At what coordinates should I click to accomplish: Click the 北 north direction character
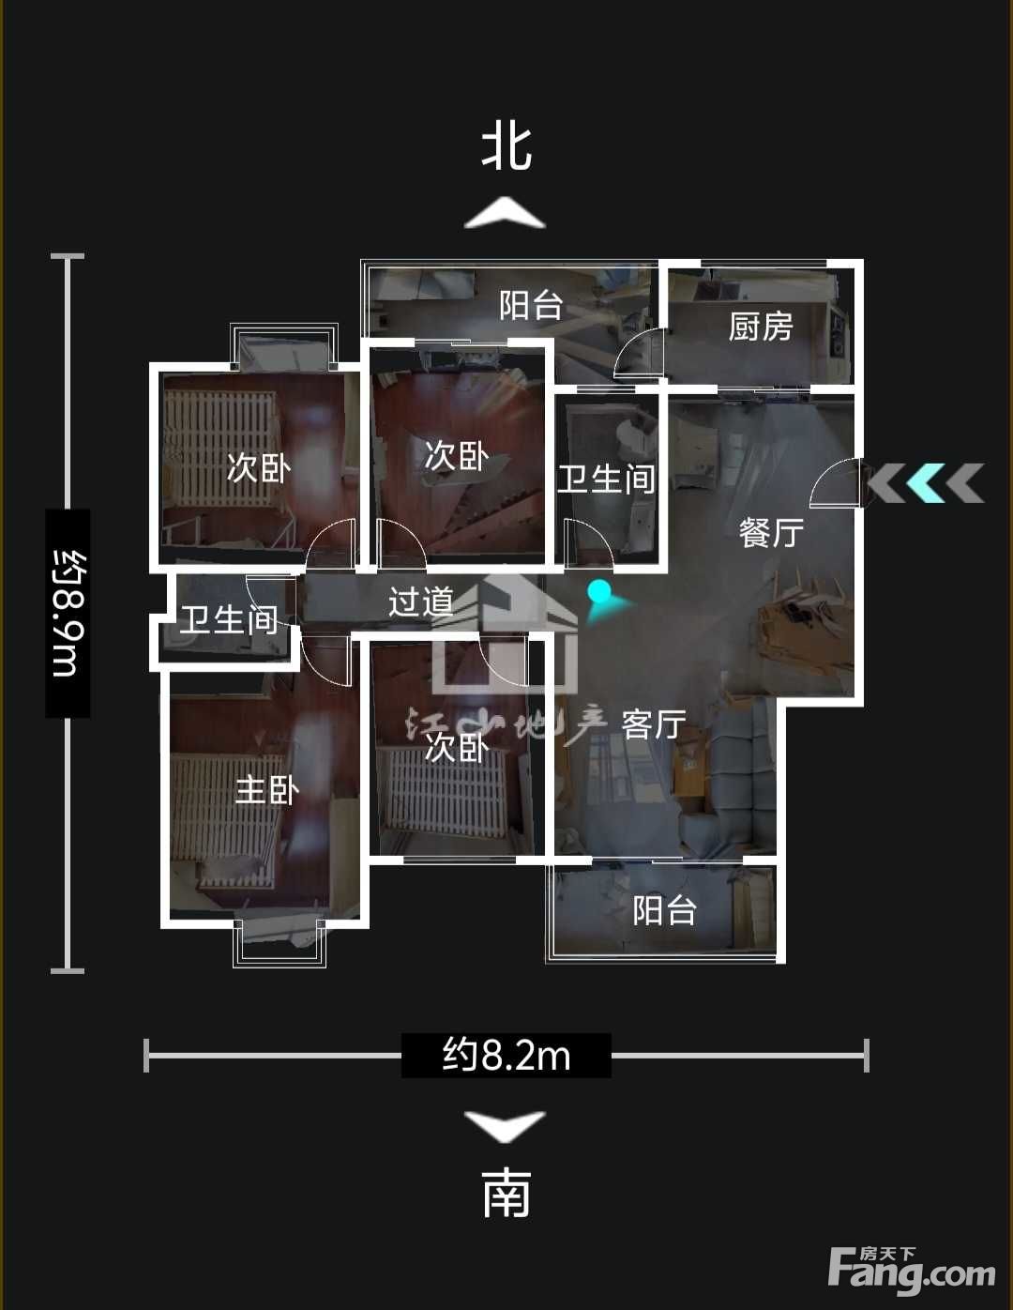(x=506, y=148)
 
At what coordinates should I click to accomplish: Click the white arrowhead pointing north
(x=505, y=213)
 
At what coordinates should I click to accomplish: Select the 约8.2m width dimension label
(x=506, y=1055)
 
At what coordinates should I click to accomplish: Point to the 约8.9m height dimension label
(x=68, y=613)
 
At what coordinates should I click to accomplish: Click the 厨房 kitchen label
(x=761, y=327)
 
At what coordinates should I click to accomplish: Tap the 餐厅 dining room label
(x=771, y=533)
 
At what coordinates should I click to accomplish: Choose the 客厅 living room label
(x=654, y=724)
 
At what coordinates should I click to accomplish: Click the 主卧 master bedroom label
(x=267, y=790)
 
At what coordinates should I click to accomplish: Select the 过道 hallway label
(x=420, y=602)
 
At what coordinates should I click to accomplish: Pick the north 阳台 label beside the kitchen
(x=531, y=305)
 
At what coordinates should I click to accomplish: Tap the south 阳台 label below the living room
(x=665, y=910)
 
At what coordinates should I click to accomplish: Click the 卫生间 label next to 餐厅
(x=606, y=480)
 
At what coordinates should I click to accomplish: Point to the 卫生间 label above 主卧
(x=229, y=619)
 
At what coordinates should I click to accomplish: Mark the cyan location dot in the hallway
(x=599, y=591)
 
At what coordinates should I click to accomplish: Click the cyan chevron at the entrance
(x=926, y=483)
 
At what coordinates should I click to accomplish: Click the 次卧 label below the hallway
(x=457, y=749)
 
